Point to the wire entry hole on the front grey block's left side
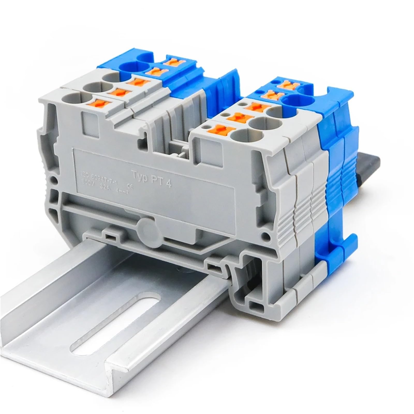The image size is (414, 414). tap(70, 99)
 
